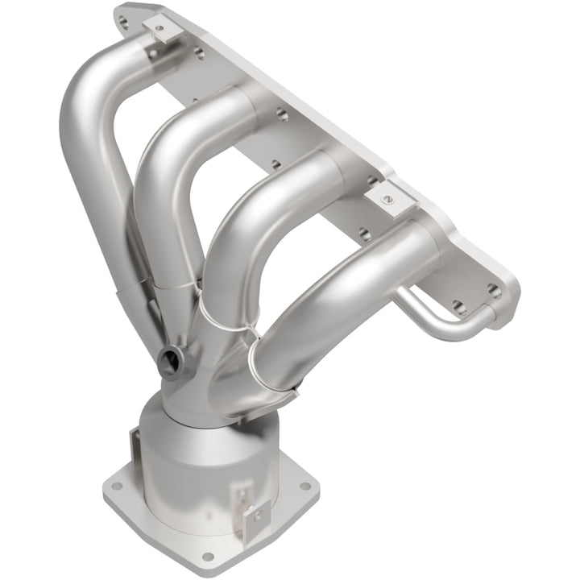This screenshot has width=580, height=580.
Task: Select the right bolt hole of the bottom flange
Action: click(304, 486)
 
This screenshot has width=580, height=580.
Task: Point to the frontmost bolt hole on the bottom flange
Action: click(208, 556)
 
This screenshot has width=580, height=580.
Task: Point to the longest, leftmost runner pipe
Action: click(89, 161)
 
